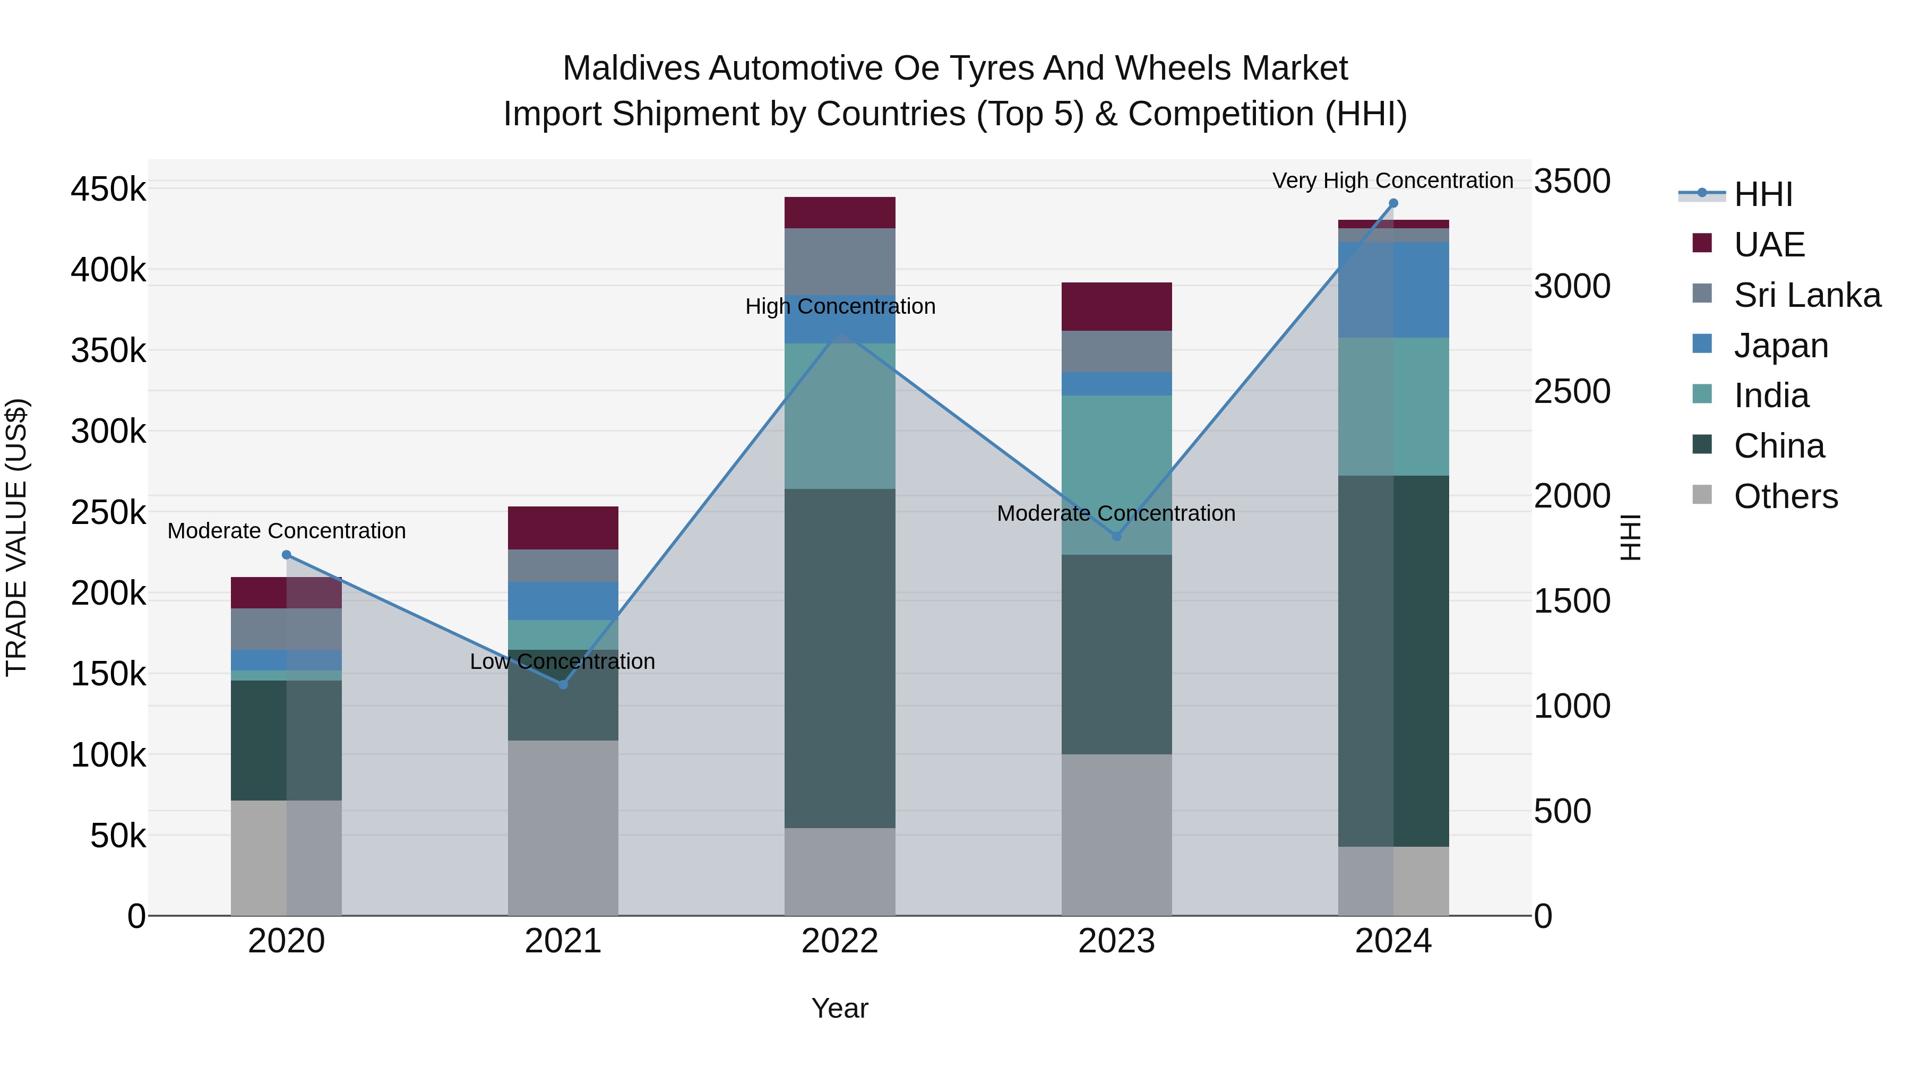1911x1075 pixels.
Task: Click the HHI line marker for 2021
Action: pos(563,684)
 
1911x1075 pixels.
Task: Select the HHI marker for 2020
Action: pos(286,555)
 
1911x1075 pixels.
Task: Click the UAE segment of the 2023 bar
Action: pos(1116,306)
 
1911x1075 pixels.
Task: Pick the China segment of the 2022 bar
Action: pos(840,658)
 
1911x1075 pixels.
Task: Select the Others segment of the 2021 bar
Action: pos(563,827)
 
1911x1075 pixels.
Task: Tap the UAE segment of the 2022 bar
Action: pos(840,212)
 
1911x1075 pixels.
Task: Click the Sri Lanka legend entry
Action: pos(1806,295)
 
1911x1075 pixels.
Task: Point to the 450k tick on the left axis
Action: pos(108,189)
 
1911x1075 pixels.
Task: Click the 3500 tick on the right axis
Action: pos(1572,181)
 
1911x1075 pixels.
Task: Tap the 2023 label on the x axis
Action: pos(1116,941)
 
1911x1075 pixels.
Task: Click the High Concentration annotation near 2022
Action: pos(840,306)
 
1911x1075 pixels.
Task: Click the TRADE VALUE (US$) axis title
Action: pos(16,537)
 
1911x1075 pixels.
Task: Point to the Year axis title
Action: pos(840,1008)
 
